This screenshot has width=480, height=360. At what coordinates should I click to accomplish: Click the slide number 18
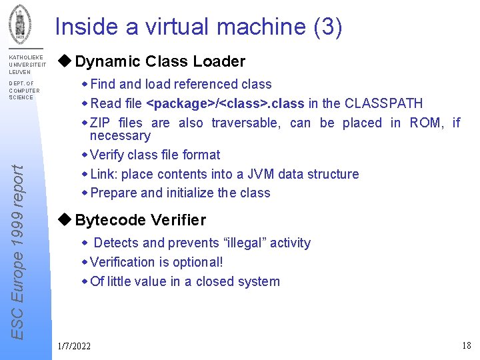[466, 345]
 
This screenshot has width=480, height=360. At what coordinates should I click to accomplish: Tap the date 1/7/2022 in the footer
[75, 345]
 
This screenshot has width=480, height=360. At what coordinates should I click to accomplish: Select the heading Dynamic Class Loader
[160, 62]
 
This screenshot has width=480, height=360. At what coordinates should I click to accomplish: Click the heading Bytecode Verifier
[141, 220]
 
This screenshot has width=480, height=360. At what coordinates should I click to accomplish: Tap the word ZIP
[101, 123]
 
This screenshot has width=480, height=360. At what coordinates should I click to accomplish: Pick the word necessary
[120, 136]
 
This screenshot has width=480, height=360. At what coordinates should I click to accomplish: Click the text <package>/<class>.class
[225, 103]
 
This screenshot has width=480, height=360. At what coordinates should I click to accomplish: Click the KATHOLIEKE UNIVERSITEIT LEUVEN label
[27, 65]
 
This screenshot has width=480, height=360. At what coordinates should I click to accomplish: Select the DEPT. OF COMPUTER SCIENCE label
[24, 91]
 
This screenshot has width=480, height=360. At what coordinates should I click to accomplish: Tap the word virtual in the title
[172, 27]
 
